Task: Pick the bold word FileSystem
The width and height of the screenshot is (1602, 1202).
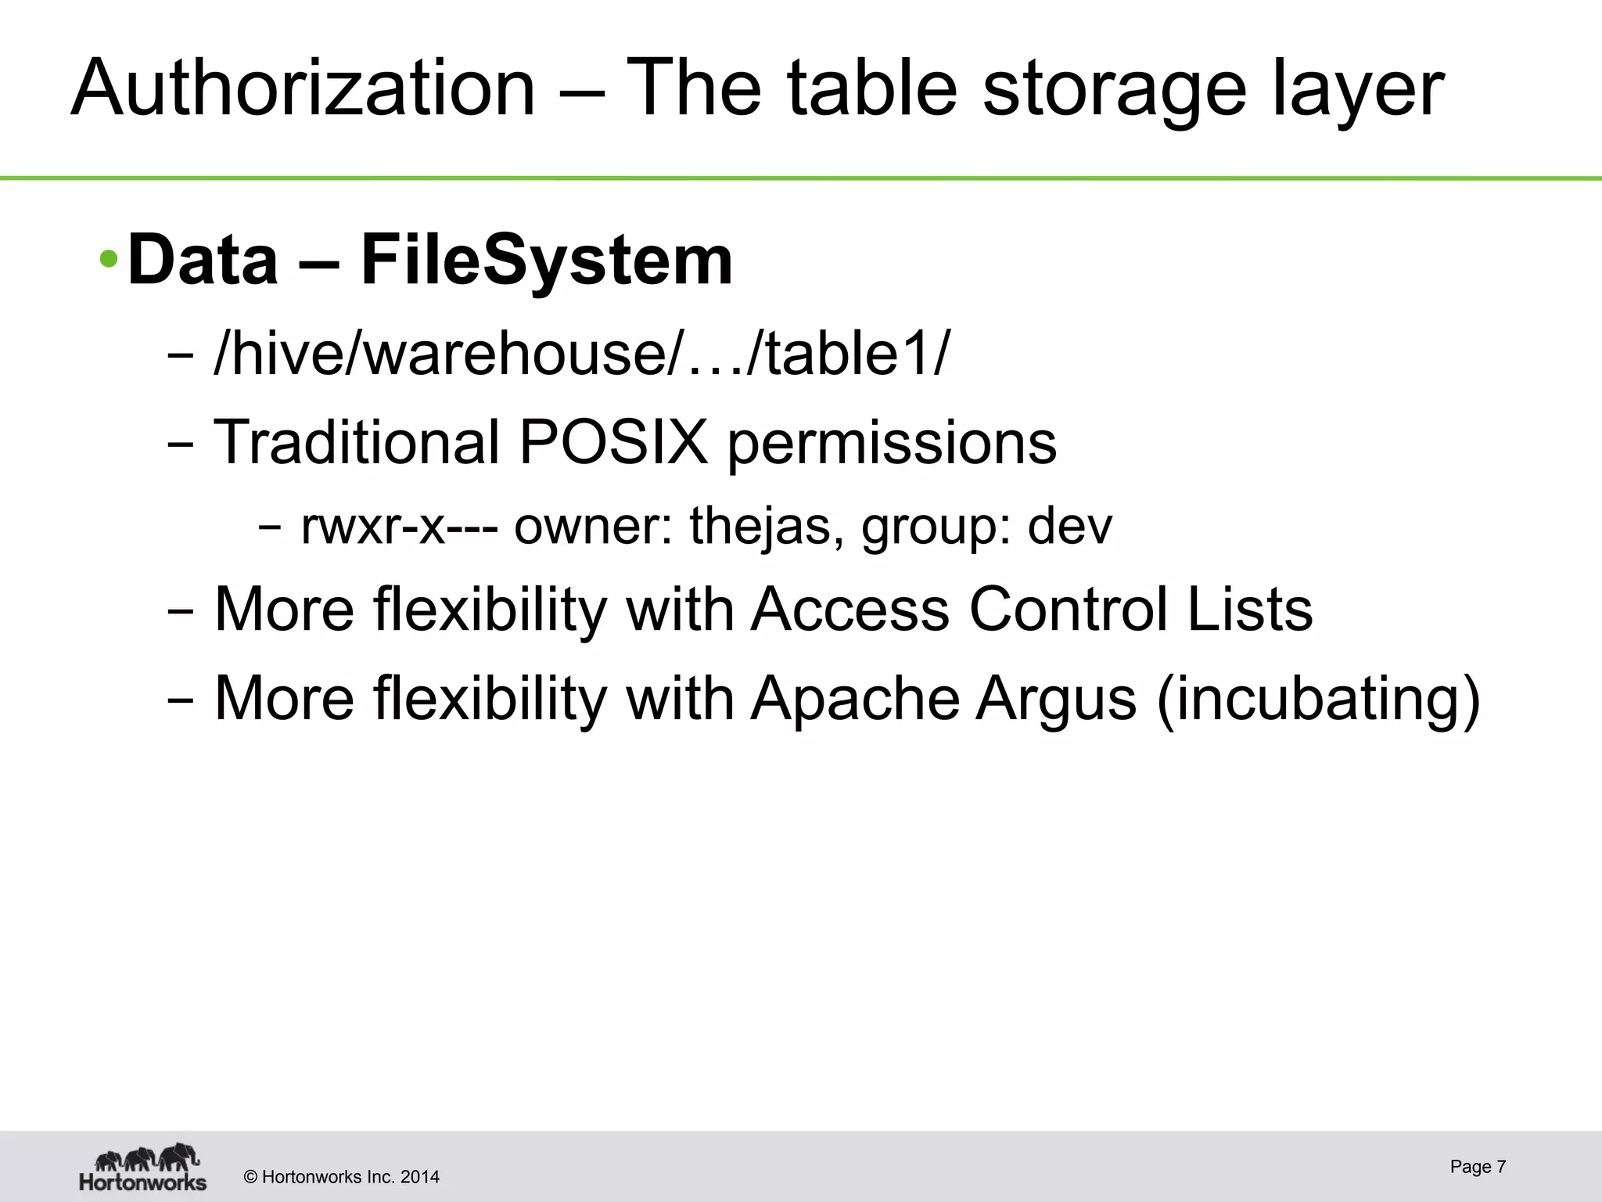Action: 546,260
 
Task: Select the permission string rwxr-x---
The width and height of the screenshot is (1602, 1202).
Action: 399,526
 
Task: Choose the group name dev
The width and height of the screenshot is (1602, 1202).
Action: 1069,526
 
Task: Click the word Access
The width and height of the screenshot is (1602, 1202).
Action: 849,609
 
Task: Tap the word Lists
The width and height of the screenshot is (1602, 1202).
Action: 1250,609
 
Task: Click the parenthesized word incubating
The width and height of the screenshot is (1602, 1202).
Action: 1318,698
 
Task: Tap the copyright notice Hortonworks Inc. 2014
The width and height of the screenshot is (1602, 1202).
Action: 342,1177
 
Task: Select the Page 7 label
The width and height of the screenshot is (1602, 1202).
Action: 1477,1167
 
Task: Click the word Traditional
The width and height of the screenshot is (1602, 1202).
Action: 356,442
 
